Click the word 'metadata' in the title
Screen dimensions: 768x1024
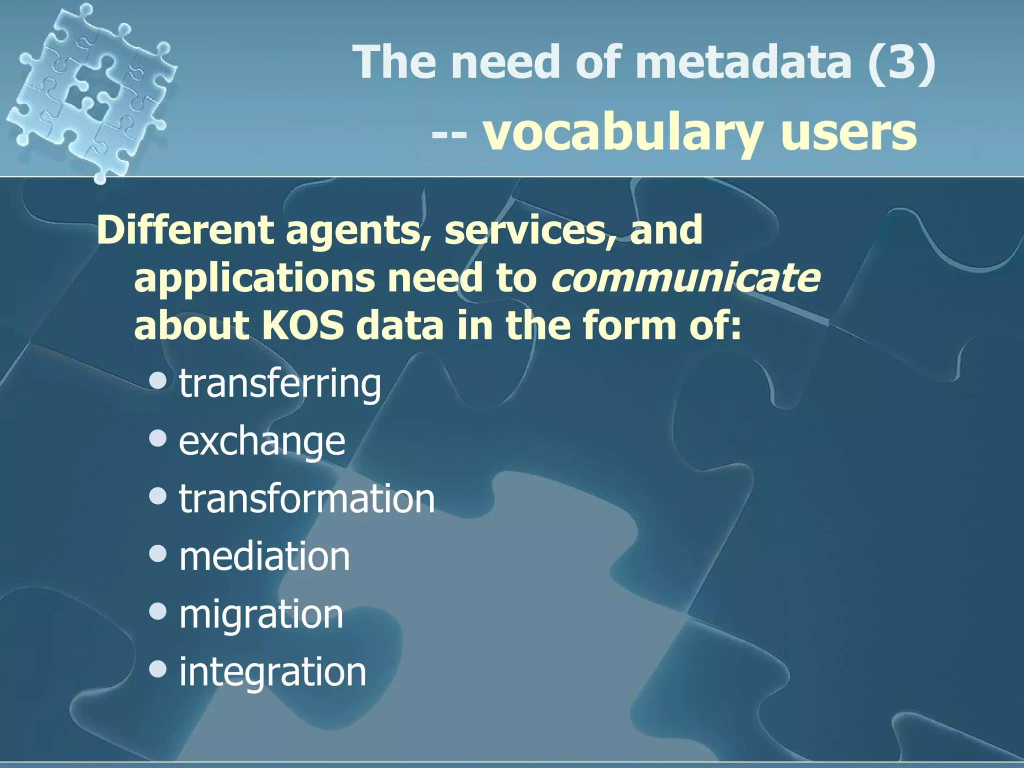(744, 62)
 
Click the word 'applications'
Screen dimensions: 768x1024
(254, 279)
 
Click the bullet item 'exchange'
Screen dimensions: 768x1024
(262, 442)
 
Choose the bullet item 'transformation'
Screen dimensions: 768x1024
(307, 499)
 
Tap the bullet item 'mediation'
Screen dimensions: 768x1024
(264, 556)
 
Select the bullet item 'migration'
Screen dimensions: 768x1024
(261, 614)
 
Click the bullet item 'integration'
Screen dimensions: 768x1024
(272, 672)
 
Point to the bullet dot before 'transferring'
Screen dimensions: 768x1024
(158, 381)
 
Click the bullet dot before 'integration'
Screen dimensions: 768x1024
(158, 669)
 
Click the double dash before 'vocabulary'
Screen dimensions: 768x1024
(449, 134)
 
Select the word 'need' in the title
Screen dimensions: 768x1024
(505, 62)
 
